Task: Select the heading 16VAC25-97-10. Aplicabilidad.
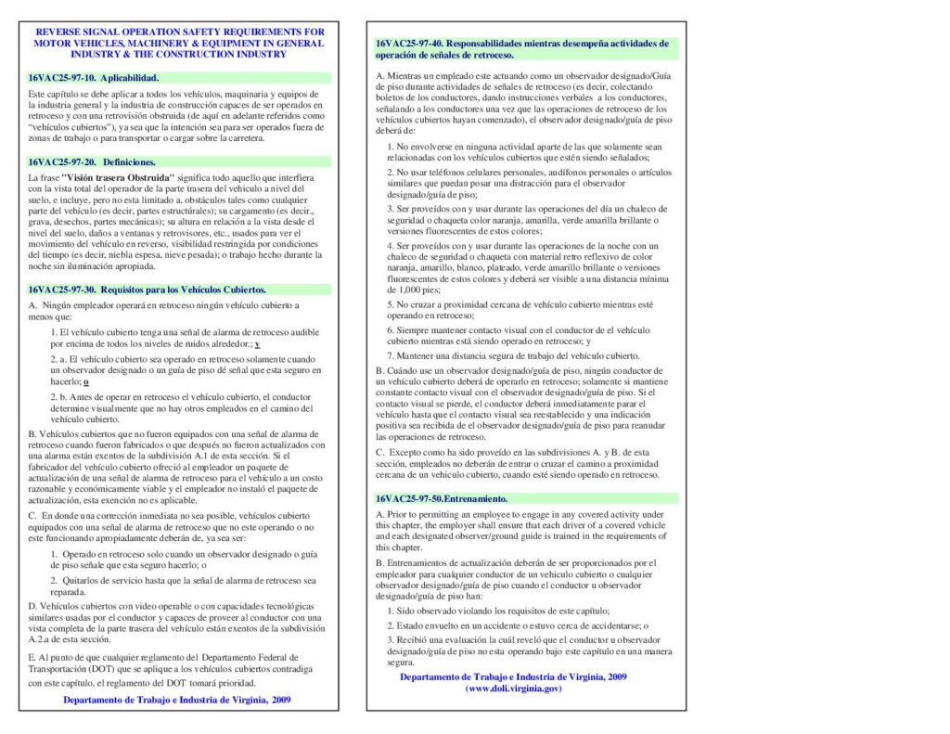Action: (94, 77)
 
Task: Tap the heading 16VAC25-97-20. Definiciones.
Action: (92, 161)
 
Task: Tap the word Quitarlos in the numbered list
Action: (84, 580)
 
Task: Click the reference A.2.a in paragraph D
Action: (44, 639)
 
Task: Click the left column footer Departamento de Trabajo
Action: (176, 700)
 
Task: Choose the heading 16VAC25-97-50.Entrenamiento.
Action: (442, 499)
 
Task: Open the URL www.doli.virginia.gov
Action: (513, 689)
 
